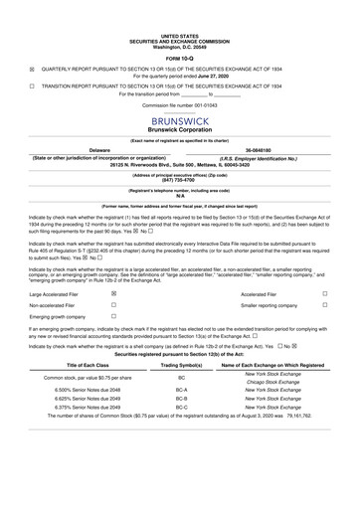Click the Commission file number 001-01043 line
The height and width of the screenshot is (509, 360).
(180, 104)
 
